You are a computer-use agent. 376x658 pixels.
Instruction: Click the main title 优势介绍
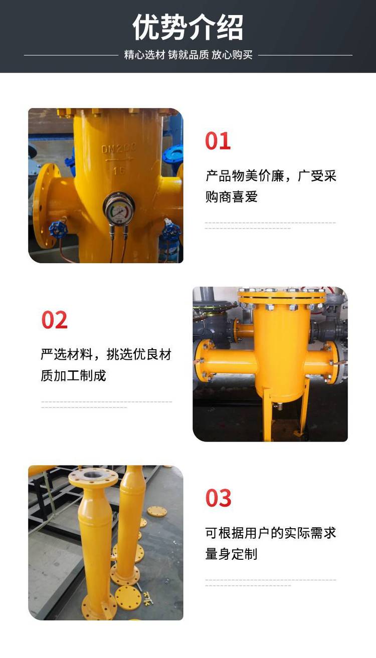pos(188,28)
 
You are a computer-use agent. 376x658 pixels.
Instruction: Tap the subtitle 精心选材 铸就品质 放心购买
pos(188,55)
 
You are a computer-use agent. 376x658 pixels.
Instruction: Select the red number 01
pos(218,141)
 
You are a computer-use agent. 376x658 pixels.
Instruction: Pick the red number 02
pos(54,320)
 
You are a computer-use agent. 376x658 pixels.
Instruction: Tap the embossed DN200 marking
pos(119,149)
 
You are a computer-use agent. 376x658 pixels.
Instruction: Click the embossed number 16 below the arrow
pos(119,171)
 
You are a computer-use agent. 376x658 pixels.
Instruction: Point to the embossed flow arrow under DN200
pos(119,160)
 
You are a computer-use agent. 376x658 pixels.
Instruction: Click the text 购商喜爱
pos(232,197)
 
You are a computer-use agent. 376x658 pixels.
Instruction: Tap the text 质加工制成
pos(73,376)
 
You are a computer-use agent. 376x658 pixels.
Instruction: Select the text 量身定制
pos(232,554)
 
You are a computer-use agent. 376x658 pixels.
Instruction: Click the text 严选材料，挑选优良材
pos(106,354)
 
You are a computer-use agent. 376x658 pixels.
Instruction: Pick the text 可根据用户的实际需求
pos(271,533)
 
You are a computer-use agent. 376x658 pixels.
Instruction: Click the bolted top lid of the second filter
pos(281,296)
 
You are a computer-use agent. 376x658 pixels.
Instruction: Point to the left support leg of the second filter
pos(267,414)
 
